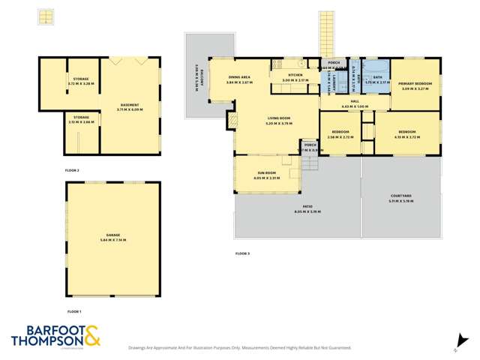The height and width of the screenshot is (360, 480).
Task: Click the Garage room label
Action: tap(112, 238)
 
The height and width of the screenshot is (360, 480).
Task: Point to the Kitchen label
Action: tap(295, 75)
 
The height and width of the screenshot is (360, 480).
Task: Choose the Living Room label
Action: tap(278, 119)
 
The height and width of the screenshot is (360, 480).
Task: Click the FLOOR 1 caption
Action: tap(73, 310)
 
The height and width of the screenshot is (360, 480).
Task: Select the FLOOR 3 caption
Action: tap(242, 253)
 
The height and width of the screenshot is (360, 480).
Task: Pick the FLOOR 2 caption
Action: tap(72, 171)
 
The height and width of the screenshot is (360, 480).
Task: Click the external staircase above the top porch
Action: tap(328, 34)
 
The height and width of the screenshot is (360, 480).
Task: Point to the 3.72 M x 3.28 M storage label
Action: tap(81, 82)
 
